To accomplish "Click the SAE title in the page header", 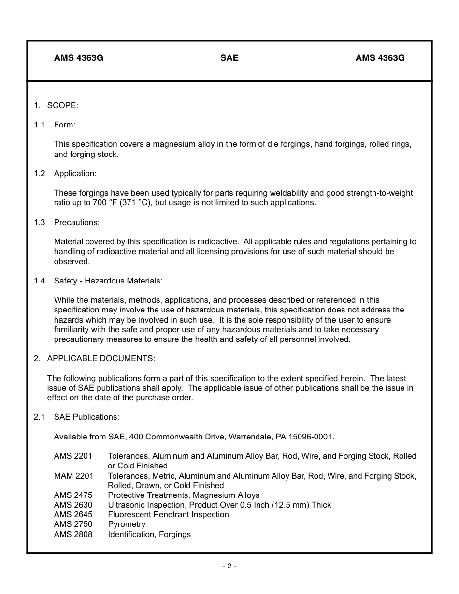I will (x=229, y=58).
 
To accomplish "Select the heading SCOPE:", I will (x=62, y=105).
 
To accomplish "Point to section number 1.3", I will (x=39, y=222).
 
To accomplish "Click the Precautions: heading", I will (x=76, y=222).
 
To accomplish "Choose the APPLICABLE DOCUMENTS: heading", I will (x=100, y=358).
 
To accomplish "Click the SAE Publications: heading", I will (x=86, y=417).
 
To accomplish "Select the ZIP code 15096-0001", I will (x=311, y=437).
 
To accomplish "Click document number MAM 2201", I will (x=73, y=476).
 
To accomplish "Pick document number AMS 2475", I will (x=73, y=495).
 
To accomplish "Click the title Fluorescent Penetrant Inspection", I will (x=168, y=514).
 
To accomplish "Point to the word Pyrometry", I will (x=127, y=524).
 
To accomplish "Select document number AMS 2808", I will (x=73, y=534).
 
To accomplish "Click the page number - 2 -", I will (x=229, y=566).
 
